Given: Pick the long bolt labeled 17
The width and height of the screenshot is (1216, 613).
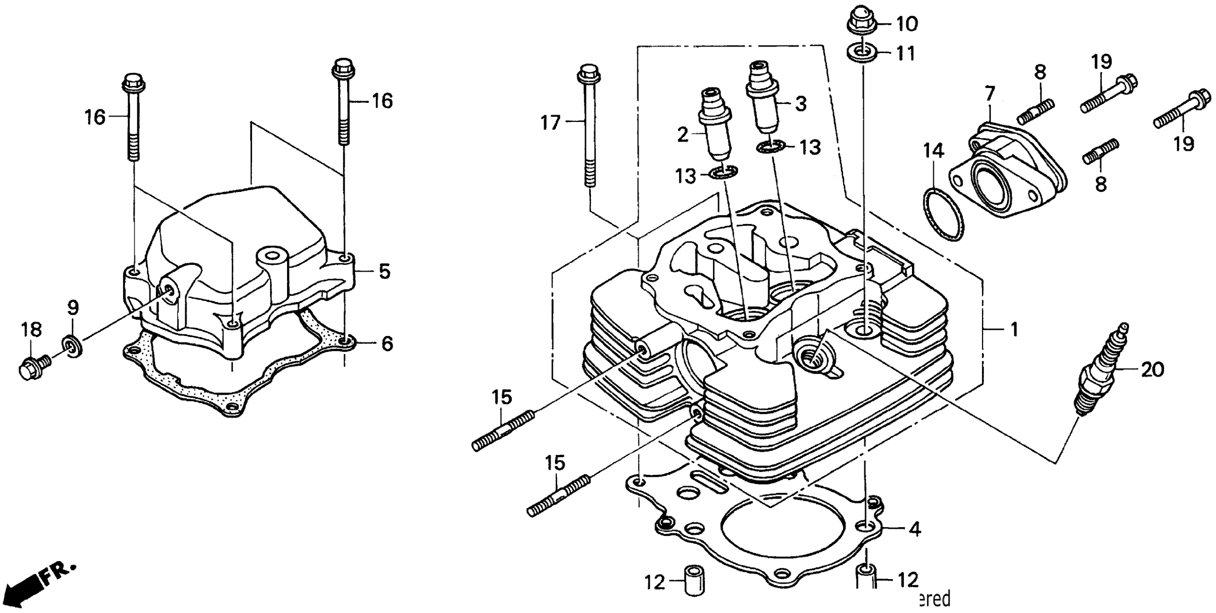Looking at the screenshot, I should point(588,127).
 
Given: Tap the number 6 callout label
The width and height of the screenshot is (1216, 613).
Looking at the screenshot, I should point(387,344).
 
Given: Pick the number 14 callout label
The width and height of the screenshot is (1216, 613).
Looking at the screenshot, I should point(933,151).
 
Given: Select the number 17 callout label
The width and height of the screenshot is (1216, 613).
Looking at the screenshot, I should point(550,124).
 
